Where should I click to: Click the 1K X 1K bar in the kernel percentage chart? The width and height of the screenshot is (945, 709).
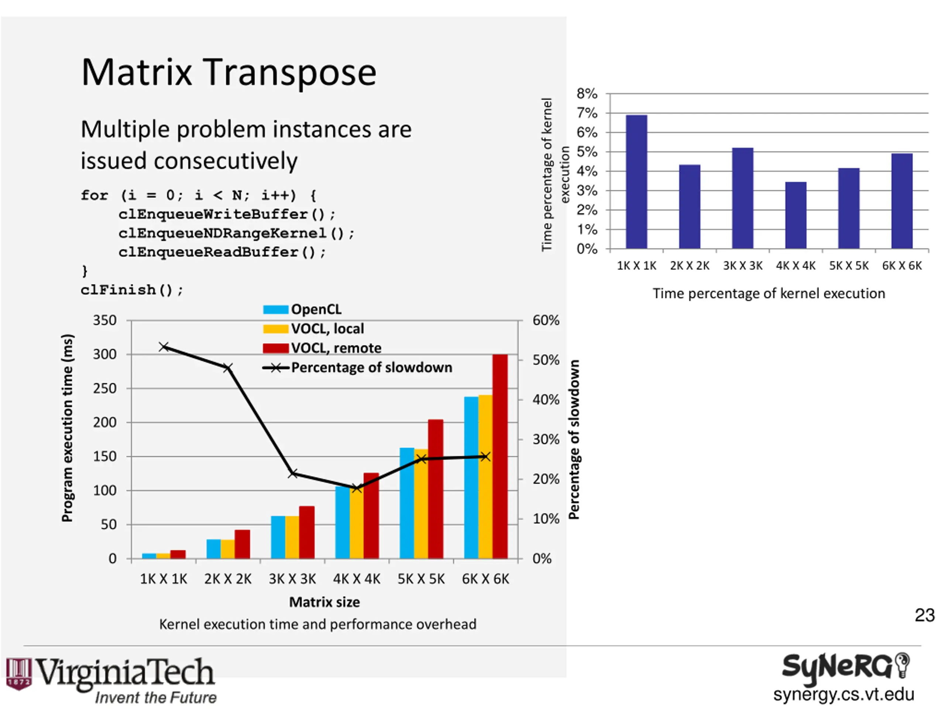pyautogui.click(x=636, y=182)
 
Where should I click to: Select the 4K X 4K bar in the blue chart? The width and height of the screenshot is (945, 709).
pyautogui.click(x=795, y=215)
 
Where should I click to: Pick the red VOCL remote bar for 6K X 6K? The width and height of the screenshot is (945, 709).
pyautogui.click(x=500, y=456)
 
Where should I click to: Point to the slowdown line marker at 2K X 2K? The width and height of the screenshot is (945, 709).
pyautogui.click(x=228, y=367)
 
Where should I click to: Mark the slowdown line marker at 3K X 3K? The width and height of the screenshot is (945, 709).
pyautogui.click(x=293, y=473)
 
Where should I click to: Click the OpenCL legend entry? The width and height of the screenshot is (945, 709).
pyautogui.click(x=302, y=309)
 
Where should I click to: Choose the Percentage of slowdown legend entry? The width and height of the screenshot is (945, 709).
pyautogui.click(x=358, y=367)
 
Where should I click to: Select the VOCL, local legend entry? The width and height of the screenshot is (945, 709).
pyautogui.click(x=313, y=329)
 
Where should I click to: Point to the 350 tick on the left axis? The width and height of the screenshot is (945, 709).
pyautogui.click(x=105, y=320)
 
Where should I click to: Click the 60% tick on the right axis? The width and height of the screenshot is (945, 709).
pyautogui.click(x=546, y=320)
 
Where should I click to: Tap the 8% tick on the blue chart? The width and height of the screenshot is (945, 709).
pyautogui.click(x=587, y=93)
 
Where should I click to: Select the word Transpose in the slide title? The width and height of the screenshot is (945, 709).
pyautogui.click(x=289, y=73)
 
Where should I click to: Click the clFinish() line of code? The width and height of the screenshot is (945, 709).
pyautogui.click(x=131, y=290)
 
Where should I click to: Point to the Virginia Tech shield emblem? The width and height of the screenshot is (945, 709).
pyautogui.click(x=19, y=673)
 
